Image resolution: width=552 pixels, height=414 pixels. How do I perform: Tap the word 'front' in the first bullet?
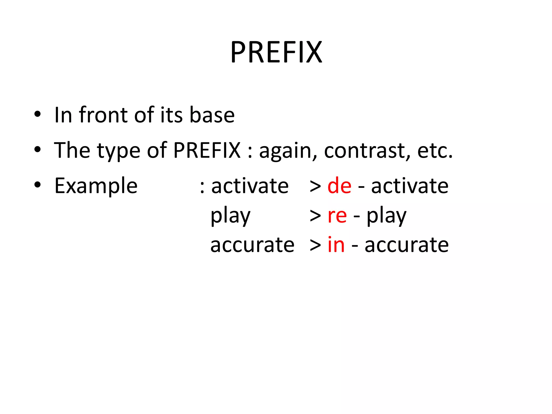click(103, 115)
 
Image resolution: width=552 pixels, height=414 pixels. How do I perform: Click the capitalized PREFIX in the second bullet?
click(207, 150)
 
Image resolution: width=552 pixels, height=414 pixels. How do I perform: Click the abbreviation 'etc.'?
click(435, 150)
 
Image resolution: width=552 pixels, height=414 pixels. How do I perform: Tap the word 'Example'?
click(96, 186)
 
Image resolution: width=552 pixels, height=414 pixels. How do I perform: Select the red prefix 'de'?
click(339, 186)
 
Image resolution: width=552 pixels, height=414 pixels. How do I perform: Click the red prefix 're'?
click(337, 216)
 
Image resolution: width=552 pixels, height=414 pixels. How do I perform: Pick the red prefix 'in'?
click(336, 245)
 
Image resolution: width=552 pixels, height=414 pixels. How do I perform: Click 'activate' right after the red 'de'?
click(410, 186)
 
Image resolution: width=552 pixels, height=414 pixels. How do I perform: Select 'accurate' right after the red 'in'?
click(406, 245)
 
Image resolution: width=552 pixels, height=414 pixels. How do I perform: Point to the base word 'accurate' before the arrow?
click(252, 245)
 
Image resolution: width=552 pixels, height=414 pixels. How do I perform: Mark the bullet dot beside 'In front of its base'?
click(37, 114)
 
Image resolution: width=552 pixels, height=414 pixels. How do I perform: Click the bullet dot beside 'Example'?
click(37, 185)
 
